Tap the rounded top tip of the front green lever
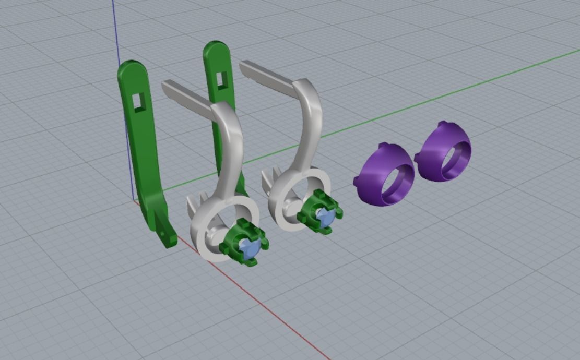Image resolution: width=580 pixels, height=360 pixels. tap(131, 65)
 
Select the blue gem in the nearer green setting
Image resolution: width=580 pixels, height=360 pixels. tap(250, 249)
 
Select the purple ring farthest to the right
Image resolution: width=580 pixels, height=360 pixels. tap(444, 152)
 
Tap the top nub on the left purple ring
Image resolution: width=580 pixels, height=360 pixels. tap(383, 147)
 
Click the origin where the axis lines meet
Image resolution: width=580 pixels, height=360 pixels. tap(135, 201)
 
